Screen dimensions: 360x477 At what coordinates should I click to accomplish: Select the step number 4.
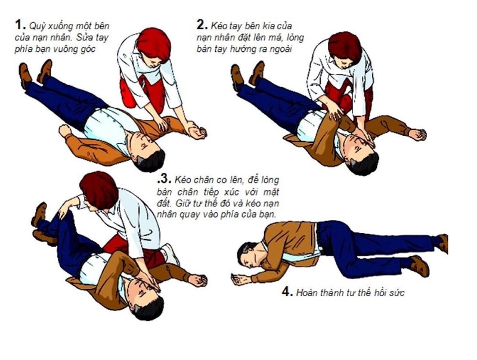point(287,292)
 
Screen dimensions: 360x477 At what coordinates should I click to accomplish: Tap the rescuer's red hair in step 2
point(344,45)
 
